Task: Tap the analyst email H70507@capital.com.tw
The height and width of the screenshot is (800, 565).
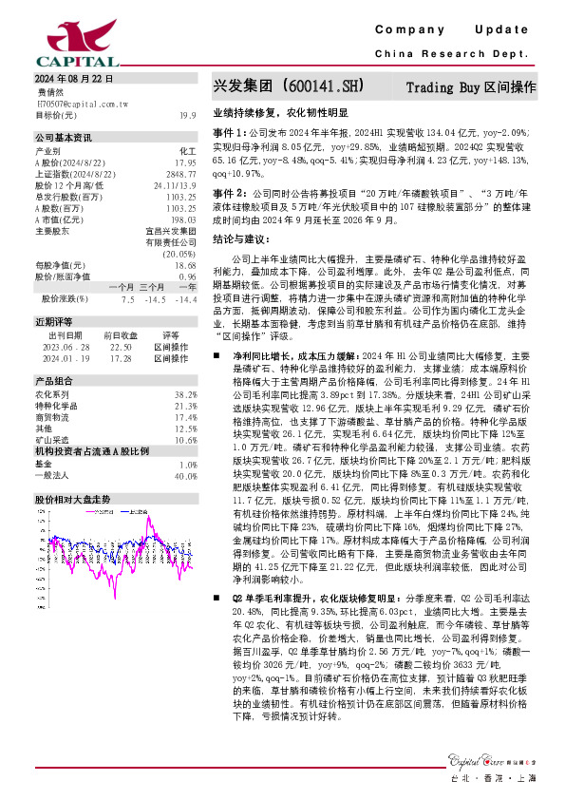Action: (76, 104)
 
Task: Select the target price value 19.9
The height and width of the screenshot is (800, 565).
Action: (187, 115)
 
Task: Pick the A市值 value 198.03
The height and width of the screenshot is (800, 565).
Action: (184, 219)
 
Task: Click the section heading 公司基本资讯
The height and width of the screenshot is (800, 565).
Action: (64, 138)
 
